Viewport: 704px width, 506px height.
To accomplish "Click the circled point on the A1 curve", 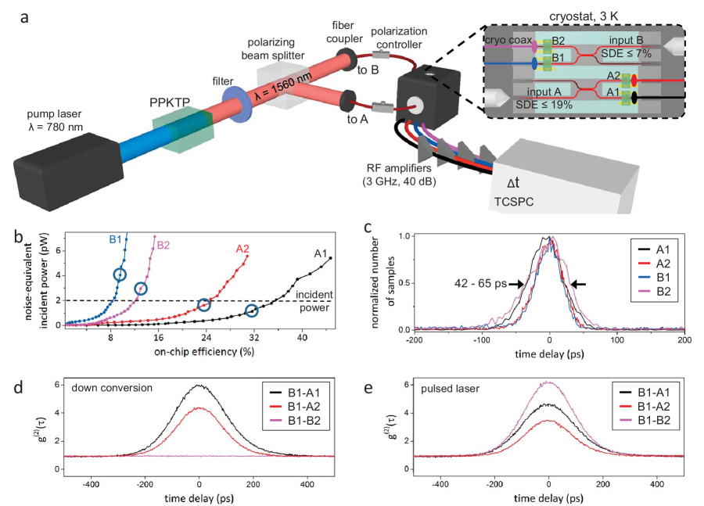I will (252, 310).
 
